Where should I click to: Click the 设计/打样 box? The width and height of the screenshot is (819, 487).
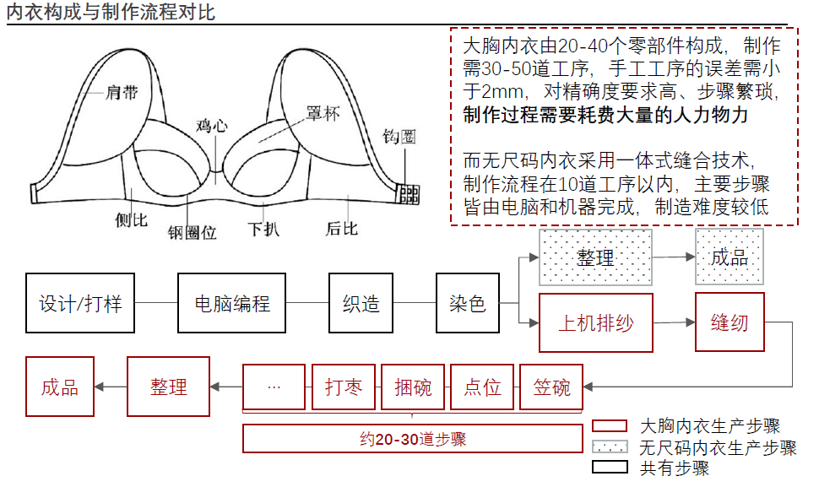(80, 302)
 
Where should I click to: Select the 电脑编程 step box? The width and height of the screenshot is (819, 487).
(231, 302)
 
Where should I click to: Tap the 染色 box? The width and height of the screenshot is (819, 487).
(467, 302)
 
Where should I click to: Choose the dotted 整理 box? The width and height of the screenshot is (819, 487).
(595, 257)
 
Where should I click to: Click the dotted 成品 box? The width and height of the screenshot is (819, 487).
(729, 257)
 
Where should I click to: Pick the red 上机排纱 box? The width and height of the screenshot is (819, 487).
(596, 322)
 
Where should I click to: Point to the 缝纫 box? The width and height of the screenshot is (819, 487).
(730, 322)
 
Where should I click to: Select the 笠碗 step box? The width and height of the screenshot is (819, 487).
(551, 387)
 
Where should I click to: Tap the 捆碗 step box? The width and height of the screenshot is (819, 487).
(413, 387)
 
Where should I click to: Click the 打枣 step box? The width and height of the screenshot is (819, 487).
(344, 387)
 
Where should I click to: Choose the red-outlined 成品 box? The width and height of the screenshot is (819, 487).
(60, 387)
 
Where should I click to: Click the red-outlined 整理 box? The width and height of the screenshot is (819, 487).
(168, 387)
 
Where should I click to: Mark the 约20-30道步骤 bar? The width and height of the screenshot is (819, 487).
(412, 439)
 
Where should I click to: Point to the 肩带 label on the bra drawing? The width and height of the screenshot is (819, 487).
(123, 90)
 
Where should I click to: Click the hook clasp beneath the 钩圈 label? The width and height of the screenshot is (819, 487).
(409, 193)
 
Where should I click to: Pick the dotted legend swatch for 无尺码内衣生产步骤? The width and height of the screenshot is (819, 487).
(610, 446)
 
